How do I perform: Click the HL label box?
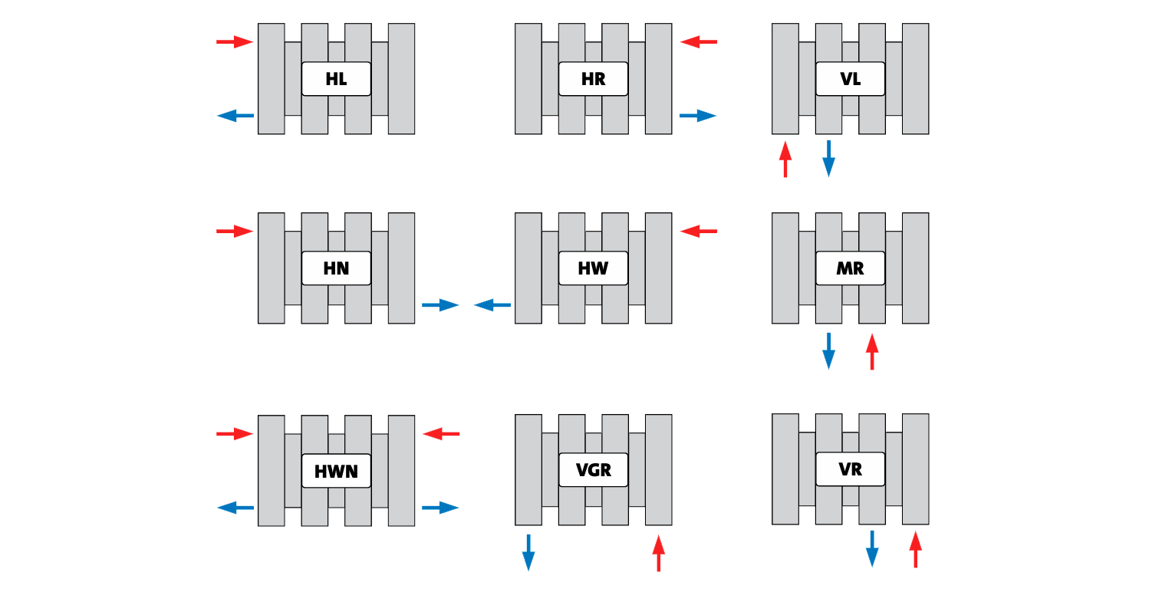pyautogui.click(x=336, y=79)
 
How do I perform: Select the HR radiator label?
pyautogui.click(x=593, y=79)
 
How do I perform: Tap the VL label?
pyautogui.click(x=850, y=79)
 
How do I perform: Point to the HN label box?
pyautogui.click(x=336, y=268)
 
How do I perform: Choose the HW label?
pyautogui.click(x=593, y=268)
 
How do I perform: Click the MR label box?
pyautogui.click(x=850, y=268)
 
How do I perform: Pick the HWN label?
pyautogui.click(x=336, y=470)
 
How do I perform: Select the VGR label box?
pyautogui.click(x=593, y=469)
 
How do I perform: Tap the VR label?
pyautogui.click(x=850, y=469)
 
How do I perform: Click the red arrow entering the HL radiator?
pyautogui.click(x=235, y=41)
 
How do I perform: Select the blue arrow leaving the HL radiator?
pyautogui.click(x=235, y=116)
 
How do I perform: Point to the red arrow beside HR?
pyautogui.click(x=698, y=41)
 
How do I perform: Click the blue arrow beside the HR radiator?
pyautogui.click(x=698, y=116)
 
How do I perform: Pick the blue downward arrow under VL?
pyautogui.click(x=828, y=158)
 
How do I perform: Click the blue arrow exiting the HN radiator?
pyautogui.click(x=440, y=305)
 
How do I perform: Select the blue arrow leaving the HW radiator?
pyautogui.click(x=492, y=305)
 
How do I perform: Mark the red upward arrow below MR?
pyautogui.click(x=871, y=350)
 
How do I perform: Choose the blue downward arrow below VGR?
pyautogui.click(x=528, y=552)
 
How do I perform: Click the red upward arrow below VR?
pyautogui.click(x=915, y=550)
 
